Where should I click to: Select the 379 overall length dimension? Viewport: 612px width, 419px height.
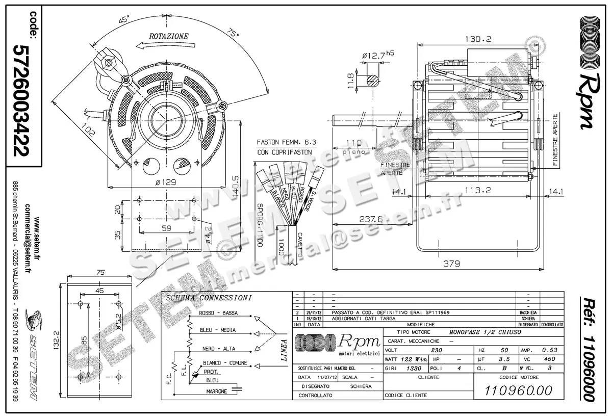pyautogui.click(x=451, y=264)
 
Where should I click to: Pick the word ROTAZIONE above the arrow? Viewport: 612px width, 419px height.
pyautogui.click(x=168, y=36)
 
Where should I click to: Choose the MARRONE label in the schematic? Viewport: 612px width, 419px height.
pyautogui.click(x=216, y=391)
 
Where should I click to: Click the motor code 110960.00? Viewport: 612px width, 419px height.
pyautogui.click(x=519, y=391)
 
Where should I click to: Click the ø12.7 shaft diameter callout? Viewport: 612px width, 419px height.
pyautogui.click(x=377, y=55)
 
